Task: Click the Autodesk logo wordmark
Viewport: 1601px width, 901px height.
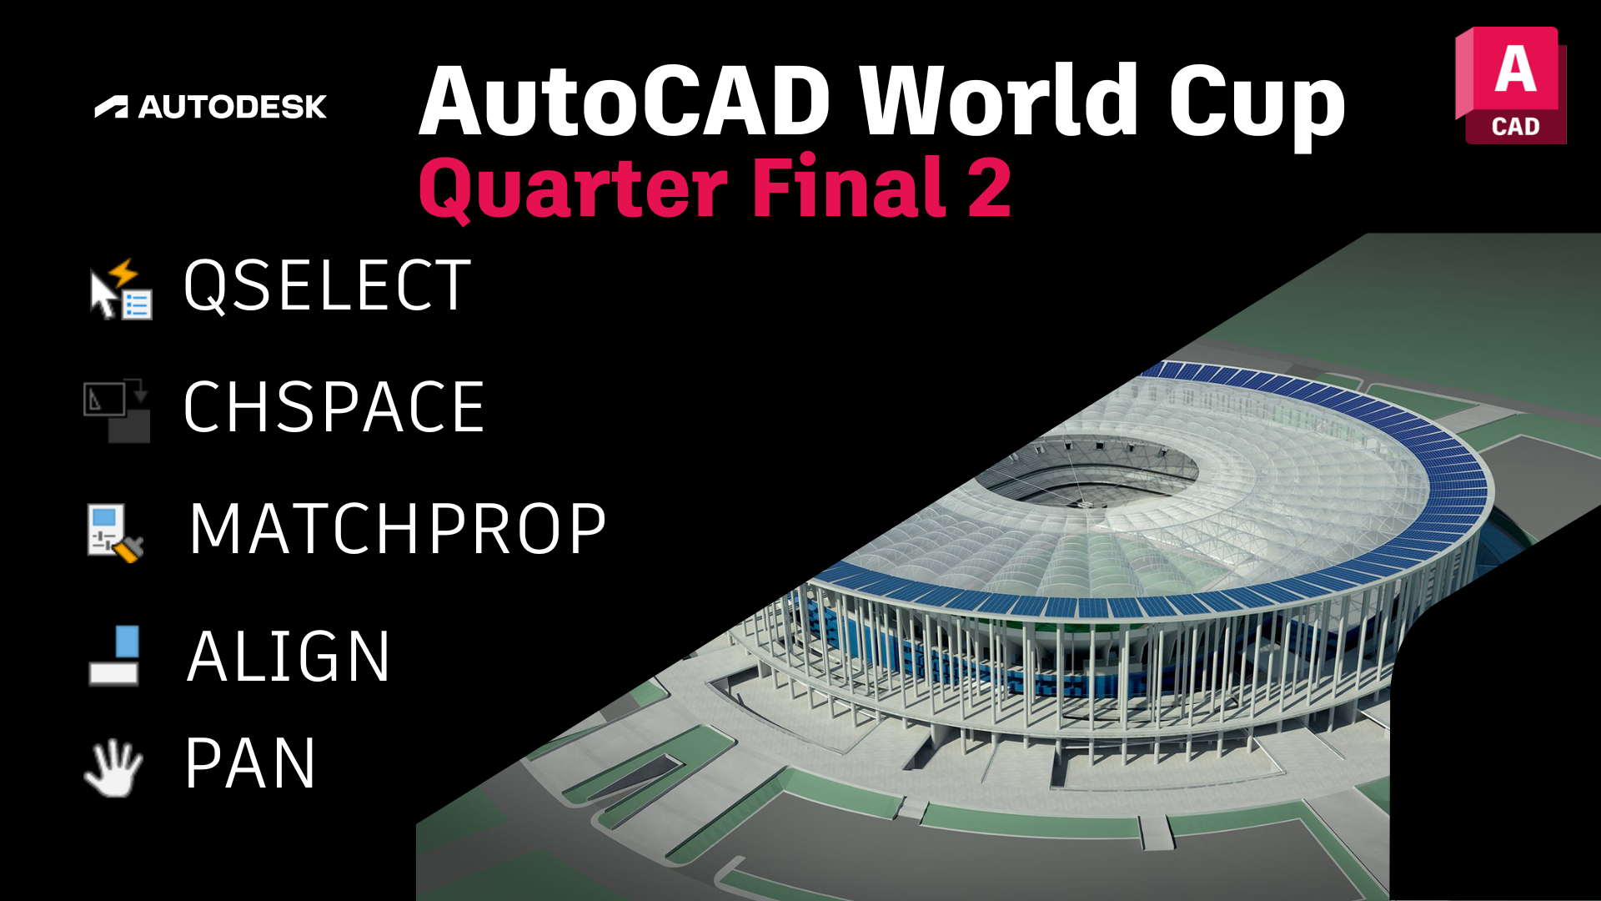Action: pos(211,107)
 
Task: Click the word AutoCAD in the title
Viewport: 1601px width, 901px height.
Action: pos(625,102)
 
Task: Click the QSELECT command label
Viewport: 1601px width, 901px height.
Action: pos(328,286)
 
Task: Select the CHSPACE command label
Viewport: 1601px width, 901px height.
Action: pos(334,407)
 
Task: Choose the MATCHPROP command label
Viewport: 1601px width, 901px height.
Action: pos(398,529)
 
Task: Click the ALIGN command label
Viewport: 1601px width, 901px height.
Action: pos(289,657)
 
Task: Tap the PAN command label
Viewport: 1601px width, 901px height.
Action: pos(250,763)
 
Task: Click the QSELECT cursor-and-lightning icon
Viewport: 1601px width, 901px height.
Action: pos(120,289)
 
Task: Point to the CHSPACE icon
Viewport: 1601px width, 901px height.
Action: pos(117,410)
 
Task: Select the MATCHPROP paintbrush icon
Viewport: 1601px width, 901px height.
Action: pos(115,532)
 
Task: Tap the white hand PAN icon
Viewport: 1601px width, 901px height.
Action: pos(114,767)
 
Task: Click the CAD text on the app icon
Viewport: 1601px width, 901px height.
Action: pos(1515,127)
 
